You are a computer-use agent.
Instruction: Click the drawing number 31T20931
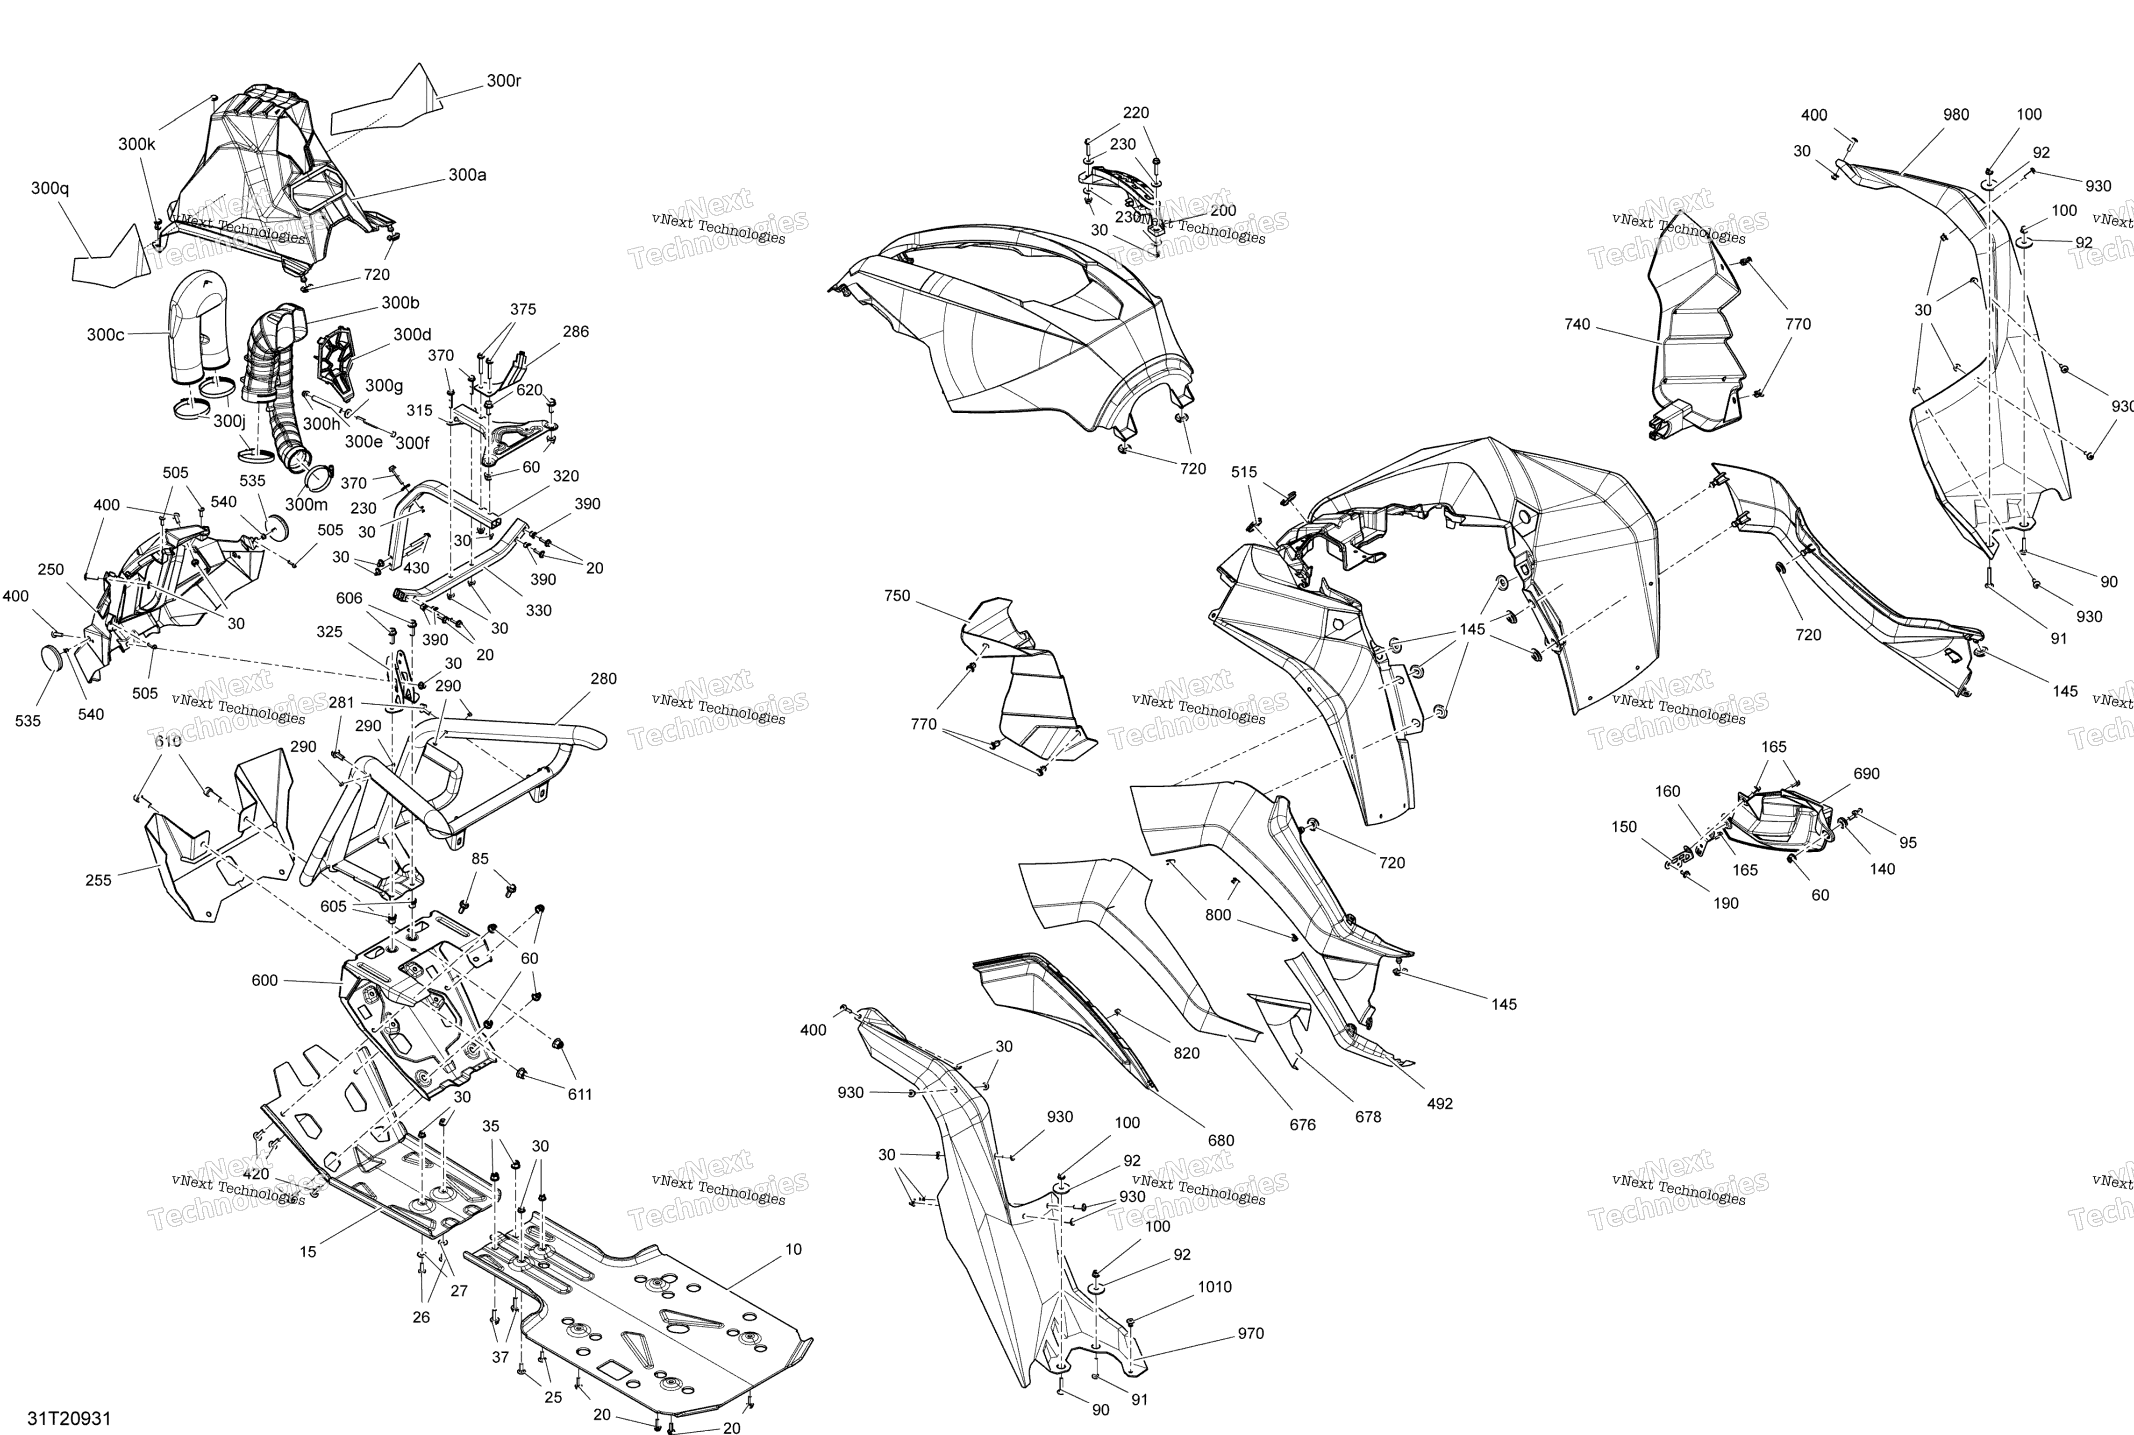(x=69, y=1419)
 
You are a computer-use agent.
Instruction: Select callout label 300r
(x=504, y=80)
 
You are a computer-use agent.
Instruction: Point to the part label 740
(x=1577, y=324)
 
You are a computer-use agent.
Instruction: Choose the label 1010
(x=1215, y=1287)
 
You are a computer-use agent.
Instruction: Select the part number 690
(x=1867, y=773)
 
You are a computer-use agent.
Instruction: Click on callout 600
(x=264, y=980)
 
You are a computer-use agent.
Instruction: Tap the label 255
(x=98, y=880)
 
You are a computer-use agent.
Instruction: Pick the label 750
(x=897, y=596)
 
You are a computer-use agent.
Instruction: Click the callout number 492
(x=1440, y=1104)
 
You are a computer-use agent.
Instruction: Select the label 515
(x=1244, y=472)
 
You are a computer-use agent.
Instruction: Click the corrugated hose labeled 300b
(x=275, y=384)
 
